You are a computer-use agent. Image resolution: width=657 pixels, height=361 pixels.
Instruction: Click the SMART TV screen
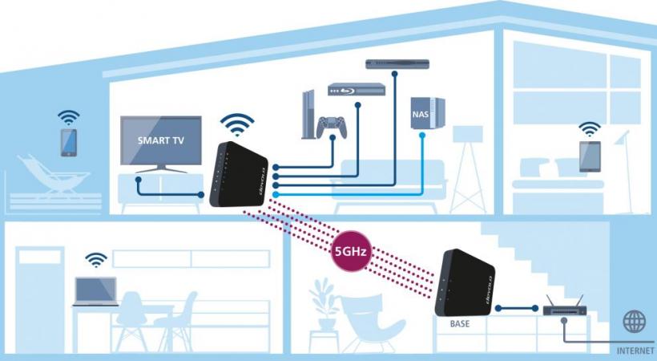click(x=161, y=140)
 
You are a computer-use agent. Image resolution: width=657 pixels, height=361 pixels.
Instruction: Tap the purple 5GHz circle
click(x=351, y=251)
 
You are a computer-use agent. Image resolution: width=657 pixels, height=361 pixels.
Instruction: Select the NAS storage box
click(x=427, y=113)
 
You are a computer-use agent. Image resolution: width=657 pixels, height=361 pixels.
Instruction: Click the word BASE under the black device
click(x=460, y=324)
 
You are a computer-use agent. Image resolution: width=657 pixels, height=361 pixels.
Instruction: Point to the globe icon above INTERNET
click(x=635, y=322)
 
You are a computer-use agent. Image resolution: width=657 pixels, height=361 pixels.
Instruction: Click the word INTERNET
click(x=635, y=351)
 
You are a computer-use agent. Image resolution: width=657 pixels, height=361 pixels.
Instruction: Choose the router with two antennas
click(x=564, y=306)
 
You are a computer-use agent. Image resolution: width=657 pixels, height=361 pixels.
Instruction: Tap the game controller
click(x=332, y=128)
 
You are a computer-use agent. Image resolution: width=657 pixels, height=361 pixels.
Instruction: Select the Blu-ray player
click(x=357, y=89)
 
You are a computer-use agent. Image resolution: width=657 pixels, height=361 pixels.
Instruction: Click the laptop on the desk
click(x=95, y=292)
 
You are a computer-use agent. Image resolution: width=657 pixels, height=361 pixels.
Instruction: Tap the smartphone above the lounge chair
click(x=69, y=143)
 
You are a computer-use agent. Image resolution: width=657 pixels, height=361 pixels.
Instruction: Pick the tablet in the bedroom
click(x=590, y=156)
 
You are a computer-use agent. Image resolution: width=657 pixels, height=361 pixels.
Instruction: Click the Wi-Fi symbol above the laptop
click(x=96, y=260)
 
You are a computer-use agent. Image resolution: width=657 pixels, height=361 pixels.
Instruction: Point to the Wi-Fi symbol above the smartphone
click(x=69, y=118)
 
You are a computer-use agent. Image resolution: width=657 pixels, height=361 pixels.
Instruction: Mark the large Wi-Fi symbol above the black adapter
click(x=238, y=124)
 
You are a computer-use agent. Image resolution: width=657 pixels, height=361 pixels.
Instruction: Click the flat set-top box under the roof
click(x=397, y=64)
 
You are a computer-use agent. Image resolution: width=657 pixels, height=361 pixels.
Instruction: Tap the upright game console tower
click(x=308, y=114)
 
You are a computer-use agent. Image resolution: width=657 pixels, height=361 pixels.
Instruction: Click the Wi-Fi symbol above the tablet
click(x=590, y=129)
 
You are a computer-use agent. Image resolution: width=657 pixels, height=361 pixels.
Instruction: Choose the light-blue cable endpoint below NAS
click(x=422, y=135)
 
